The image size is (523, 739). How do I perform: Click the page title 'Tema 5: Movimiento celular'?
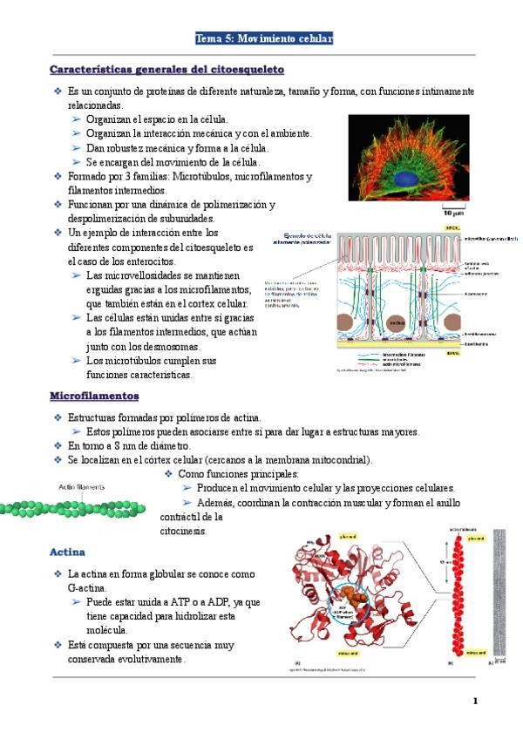263,39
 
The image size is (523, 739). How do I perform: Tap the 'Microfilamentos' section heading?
94,397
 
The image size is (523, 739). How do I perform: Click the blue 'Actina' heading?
67,552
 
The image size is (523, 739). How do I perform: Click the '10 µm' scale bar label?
452,212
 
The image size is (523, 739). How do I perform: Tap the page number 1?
475,701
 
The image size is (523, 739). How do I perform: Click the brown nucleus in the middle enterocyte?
397,323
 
